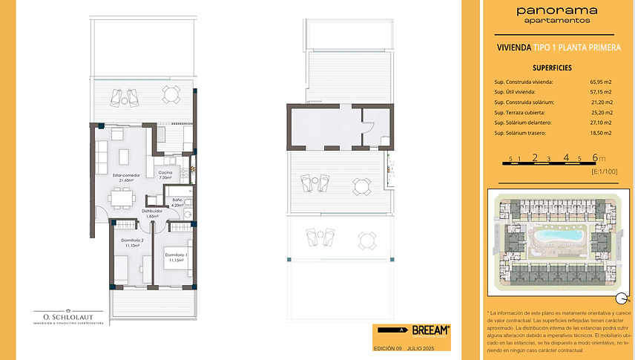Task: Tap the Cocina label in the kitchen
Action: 165,175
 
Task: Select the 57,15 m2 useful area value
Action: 601,91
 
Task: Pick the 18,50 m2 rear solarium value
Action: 601,133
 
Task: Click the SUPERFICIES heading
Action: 551,68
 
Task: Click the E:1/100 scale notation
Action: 605,171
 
